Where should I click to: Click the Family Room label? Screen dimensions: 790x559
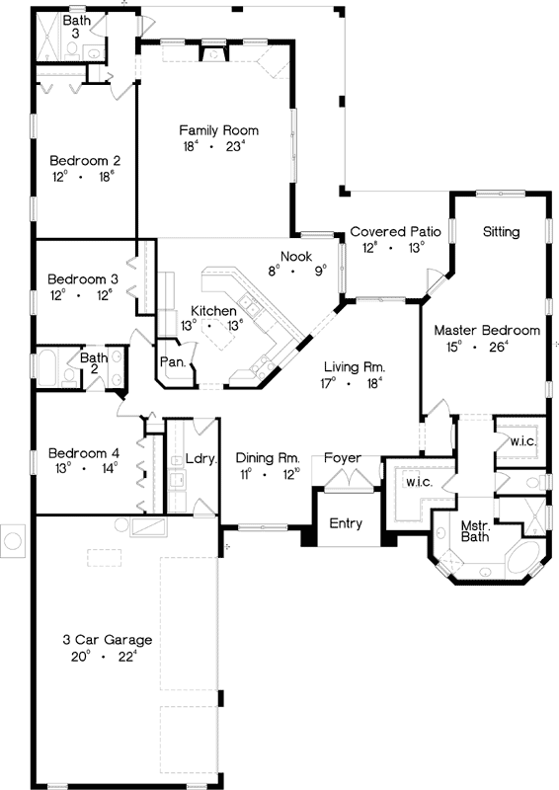(x=218, y=130)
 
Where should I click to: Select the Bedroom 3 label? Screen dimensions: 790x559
(x=84, y=278)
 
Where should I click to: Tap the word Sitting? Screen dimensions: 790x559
(x=502, y=231)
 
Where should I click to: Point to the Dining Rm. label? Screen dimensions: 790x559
(x=267, y=458)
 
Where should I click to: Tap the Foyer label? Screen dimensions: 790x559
(x=343, y=458)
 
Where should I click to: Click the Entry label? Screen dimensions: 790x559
(x=346, y=523)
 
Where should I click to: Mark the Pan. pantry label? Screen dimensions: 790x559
(x=173, y=362)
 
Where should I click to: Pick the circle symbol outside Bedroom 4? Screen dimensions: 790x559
(x=13, y=539)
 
